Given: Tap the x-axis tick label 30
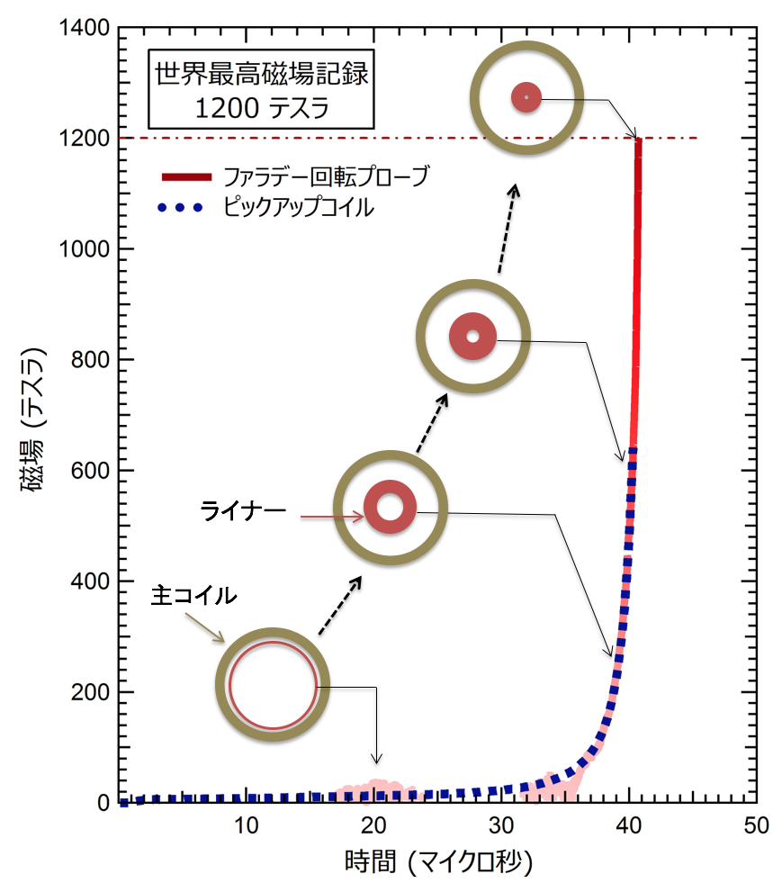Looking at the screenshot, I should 501,825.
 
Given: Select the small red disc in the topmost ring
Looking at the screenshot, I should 526,97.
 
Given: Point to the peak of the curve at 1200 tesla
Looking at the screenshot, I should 639,140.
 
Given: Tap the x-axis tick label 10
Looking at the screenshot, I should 246,825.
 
